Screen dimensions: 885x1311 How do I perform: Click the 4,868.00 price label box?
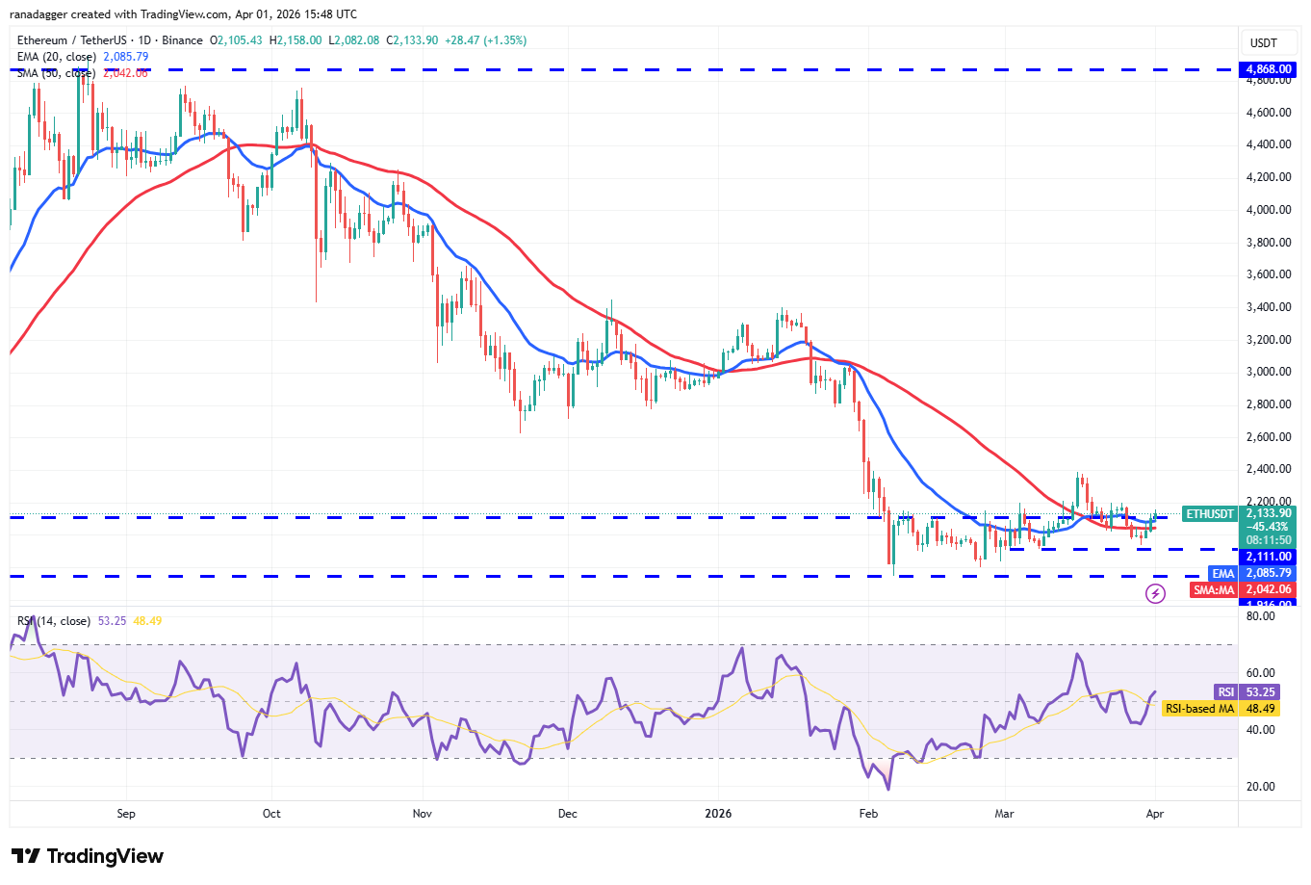[x=1269, y=69]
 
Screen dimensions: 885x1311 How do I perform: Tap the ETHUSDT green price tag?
[x=1209, y=514]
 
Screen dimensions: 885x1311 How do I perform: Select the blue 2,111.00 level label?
[x=1269, y=557]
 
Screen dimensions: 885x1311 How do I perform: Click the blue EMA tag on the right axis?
[x=1222, y=573]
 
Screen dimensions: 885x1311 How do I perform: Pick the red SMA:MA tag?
[x=1214, y=589]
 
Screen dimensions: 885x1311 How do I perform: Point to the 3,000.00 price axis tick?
[x=1269, y=372]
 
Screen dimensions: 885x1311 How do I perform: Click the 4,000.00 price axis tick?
[x=1269, y=210]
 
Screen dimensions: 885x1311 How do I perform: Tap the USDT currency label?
[x=1263, y=43]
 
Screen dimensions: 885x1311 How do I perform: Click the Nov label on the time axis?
[x=422, y=814]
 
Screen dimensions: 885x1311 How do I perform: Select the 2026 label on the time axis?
[x=718, y=814]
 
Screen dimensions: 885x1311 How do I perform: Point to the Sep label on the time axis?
[x=126, y=814]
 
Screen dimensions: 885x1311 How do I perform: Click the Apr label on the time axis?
[x=1155, y=814]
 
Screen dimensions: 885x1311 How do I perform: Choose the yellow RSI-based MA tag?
[x=1199, y=709]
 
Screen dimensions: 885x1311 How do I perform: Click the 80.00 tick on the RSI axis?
[x=1260, y=616]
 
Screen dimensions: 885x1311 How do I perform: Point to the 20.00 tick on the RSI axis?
[x=1260, y=787]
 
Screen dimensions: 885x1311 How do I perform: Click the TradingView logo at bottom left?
[x=88, y=856]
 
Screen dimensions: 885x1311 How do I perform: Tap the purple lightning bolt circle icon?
[x=1156, y=593]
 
